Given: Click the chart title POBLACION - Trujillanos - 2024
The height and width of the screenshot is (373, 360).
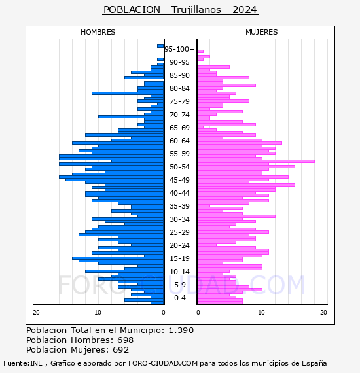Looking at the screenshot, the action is click(180, 10).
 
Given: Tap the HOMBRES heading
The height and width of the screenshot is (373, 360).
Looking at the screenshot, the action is click(98, 32).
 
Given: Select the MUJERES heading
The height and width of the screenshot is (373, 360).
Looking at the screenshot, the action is click(262, 32).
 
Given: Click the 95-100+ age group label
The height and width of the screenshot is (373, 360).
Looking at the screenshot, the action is click(179, 49).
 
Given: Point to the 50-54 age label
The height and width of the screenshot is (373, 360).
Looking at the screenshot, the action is click(179, 167).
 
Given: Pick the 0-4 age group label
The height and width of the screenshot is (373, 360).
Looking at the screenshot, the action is click(179, 298).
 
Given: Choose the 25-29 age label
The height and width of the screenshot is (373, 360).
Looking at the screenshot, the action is click(179, 232).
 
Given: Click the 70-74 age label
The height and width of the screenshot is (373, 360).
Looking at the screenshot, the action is click(179, 115).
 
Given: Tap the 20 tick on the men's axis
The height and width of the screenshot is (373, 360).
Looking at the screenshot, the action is click(36, 312).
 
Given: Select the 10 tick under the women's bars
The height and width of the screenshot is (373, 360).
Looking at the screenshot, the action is click(261, 312).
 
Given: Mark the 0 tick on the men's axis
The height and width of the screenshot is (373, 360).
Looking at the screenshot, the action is click(163, 312).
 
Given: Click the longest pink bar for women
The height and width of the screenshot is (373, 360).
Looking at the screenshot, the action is click(256, 161).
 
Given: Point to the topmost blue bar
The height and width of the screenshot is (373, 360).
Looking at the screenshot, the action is click(160, 46).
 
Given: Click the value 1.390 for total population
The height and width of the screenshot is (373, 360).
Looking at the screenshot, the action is click(181, 330).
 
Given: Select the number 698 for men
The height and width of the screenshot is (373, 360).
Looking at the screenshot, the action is click(126, 340).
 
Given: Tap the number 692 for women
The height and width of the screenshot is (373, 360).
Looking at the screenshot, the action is click(121, 350).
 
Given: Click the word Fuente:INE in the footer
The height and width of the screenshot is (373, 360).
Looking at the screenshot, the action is click(23, 363).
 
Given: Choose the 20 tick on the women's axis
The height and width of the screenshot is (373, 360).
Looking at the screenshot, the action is click(323, 312).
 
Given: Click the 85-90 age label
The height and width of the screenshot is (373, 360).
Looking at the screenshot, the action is click(179, 75).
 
